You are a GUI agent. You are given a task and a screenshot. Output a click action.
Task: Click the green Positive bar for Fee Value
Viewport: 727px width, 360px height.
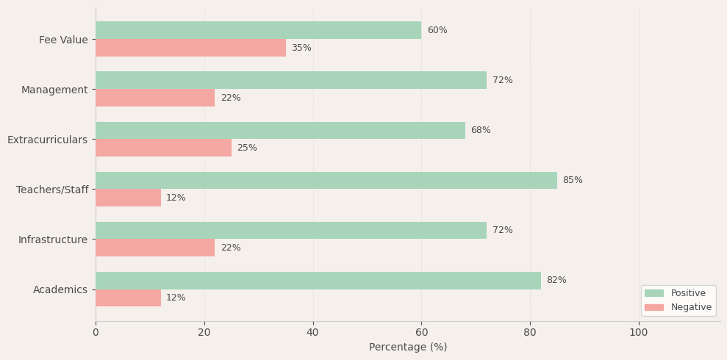(258, 30)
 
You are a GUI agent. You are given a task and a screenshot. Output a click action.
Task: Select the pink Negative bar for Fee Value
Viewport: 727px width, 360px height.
(190, 48)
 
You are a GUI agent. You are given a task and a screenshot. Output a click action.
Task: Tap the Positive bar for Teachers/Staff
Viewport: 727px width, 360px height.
(326, 180)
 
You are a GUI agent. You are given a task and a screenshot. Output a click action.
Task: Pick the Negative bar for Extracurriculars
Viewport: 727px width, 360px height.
(163, 148)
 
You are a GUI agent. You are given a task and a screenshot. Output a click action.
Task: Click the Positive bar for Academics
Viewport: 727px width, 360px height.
(318, 281)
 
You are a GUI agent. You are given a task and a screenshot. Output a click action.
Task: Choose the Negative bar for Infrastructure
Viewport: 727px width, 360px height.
(155, 248)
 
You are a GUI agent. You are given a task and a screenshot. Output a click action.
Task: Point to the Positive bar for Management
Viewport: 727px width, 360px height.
(291, 80)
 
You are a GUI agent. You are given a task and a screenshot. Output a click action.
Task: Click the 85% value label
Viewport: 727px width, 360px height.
(573, 180)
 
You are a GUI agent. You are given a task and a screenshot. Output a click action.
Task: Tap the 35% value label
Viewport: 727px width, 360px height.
(301, 48)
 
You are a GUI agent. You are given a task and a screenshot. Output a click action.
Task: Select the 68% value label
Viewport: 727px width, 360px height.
(481, 130)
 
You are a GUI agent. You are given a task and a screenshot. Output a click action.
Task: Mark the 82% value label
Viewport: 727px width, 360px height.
(556, 281)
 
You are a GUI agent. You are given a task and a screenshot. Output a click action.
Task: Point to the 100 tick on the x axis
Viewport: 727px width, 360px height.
(639, 333)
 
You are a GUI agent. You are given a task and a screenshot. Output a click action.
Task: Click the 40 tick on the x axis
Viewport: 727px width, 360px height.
(313, 333)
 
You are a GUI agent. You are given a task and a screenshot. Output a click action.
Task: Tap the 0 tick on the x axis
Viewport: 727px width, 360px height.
(96, 333)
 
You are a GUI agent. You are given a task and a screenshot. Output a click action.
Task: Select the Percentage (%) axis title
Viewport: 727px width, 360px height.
(408, 348)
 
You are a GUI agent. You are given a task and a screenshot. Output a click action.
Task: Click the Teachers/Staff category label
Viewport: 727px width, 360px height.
(52, 190)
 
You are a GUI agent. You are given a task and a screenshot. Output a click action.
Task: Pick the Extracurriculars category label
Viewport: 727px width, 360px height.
(48, 140)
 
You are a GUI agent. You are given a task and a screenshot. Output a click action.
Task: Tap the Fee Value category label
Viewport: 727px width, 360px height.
(63, 40)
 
